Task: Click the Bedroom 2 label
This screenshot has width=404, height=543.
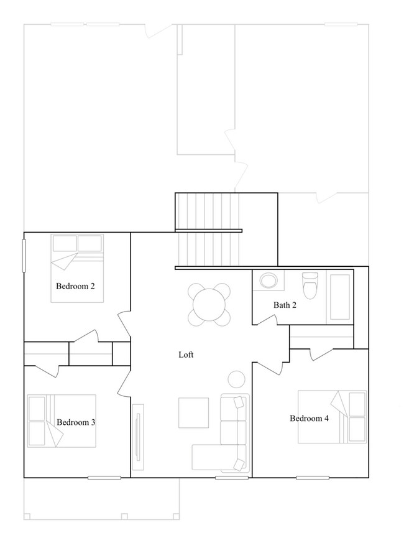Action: (x=75, y=287)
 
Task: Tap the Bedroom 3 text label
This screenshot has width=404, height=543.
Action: (x=76, y=422)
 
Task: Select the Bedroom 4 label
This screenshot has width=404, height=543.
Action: (x=310, y=418)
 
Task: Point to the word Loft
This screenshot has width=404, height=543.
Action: (x=186, y=355)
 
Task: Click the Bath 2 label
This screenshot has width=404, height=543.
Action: (x=285, y=305)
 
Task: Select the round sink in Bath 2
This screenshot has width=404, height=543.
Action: (x=269, y=281)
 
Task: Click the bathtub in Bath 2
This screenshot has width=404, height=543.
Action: (x=340, y=296)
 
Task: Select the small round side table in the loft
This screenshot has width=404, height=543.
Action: (x=236, y=379)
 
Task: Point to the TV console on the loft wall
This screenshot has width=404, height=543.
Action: (x=138, y=437)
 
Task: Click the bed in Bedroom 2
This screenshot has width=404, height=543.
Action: (x=77, y=268)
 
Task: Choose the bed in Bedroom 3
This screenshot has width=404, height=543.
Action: (x=62, y=420)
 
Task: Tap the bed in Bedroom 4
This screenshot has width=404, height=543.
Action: (x=332, y=417)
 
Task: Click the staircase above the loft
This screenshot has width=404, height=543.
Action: (x=208, y=231)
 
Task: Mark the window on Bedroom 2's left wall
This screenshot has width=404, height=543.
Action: (x=24, y=255)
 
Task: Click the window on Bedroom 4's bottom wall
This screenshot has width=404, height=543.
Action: (x=313, y=478)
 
